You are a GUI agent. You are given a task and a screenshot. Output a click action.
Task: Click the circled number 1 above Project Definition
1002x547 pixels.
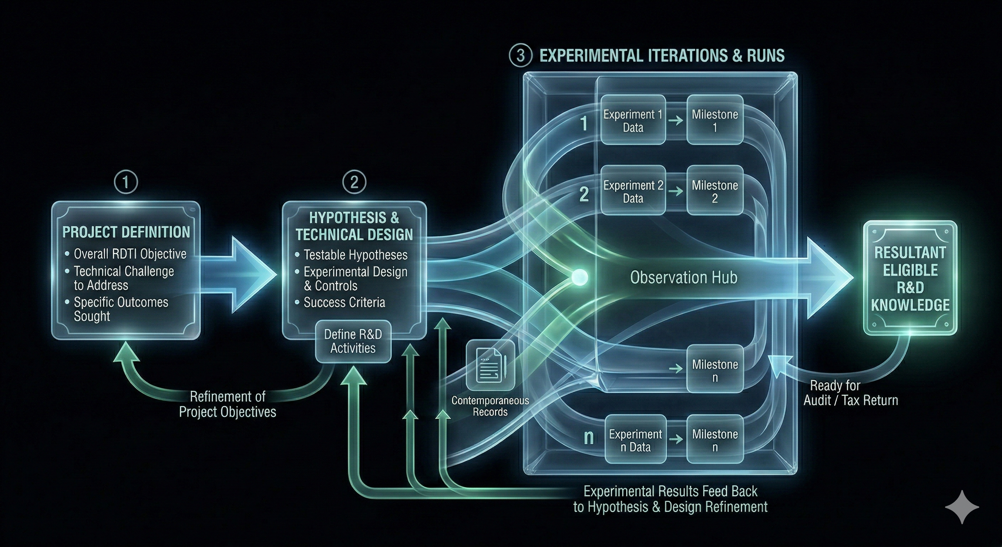[126, 182]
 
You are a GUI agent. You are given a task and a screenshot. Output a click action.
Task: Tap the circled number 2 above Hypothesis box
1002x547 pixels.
[354, 182]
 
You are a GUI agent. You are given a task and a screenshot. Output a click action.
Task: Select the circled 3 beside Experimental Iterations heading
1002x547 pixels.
[520, 56]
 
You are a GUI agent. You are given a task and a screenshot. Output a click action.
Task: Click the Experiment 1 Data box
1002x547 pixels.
[633, 121]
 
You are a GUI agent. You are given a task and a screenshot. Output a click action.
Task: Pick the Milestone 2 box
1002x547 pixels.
[715, 191]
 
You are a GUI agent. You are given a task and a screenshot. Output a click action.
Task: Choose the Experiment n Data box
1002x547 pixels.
[635, 440]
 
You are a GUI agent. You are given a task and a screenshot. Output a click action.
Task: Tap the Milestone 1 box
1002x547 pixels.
[715, 121]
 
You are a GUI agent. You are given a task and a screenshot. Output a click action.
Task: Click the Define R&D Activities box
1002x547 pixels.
[353, 341]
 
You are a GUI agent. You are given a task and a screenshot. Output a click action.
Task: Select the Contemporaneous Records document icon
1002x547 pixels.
[490, 365]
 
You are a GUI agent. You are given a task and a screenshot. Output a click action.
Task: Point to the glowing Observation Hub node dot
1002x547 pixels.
[579, 277]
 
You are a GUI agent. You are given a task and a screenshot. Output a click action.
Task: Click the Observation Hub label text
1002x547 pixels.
[684, 277]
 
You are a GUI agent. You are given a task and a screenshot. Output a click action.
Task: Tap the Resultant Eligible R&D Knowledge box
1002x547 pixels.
[910, 278]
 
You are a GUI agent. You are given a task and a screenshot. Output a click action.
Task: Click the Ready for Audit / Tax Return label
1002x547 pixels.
[850, 393]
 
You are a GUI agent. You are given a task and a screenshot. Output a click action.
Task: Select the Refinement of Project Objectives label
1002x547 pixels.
[228, 404]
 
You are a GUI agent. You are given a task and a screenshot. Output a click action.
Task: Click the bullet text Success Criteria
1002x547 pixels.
[344, 302]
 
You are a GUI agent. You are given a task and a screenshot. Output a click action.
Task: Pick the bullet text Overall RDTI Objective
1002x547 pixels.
[130, 254]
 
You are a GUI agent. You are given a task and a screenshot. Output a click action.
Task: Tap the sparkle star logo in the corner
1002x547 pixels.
[962, 506]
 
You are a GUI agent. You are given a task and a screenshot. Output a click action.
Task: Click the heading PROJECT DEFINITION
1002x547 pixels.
[126, 232]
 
